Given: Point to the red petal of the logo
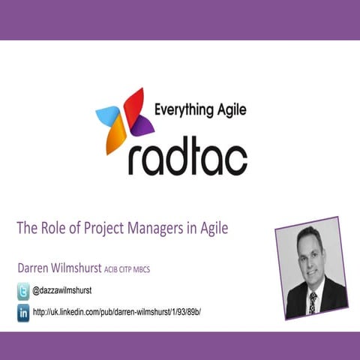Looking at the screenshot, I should pyautogui.click(x=133, y=103).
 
